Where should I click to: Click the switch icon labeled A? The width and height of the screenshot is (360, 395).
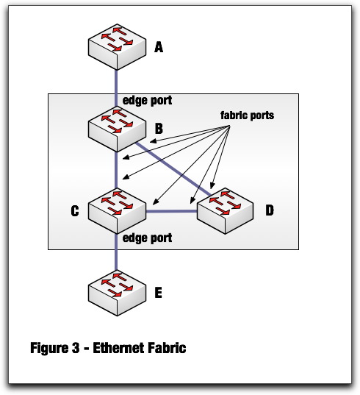(117, 47)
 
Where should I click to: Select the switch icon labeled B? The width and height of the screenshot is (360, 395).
(117, 129)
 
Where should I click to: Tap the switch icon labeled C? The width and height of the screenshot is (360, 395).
(117, 211)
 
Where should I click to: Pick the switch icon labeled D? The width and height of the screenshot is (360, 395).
(225, 211)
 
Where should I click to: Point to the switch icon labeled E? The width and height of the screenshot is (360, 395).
(117, 293)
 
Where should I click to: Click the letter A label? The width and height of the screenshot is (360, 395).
(159, 47)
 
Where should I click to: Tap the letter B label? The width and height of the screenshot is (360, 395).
(159, 129)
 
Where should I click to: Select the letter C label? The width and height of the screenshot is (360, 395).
(75, 211)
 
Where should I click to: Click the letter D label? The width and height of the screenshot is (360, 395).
(270, 210)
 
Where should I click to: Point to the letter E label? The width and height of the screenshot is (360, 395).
(158, 293)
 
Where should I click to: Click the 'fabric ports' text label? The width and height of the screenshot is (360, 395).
(248, 115)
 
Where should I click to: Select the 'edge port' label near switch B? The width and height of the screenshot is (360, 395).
(147, 101)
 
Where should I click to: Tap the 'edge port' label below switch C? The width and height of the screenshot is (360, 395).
(147, 238)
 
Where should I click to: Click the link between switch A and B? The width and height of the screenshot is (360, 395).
(116, 88)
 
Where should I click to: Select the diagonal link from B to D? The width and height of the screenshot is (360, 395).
(173, 168)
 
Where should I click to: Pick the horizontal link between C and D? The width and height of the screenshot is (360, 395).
(171, 211)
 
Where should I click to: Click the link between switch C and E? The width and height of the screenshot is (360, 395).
(116, 252)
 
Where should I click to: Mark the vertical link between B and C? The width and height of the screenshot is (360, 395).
(116, 170)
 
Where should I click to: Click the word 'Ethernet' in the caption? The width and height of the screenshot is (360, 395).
(118, 348)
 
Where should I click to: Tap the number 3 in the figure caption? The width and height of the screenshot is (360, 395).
(75, 348)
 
